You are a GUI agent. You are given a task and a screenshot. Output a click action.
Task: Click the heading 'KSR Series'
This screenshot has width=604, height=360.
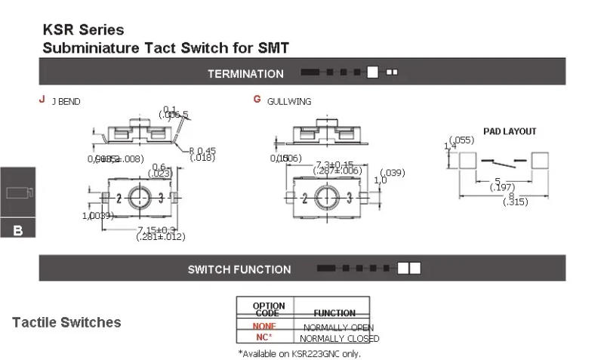pos(83,30)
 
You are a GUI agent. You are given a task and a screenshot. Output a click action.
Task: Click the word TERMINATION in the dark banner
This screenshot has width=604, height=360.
pos(245,74)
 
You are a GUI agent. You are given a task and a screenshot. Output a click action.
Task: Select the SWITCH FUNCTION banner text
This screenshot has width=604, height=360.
pos(239,269)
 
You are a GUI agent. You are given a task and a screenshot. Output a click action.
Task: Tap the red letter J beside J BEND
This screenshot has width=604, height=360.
pos(42,99)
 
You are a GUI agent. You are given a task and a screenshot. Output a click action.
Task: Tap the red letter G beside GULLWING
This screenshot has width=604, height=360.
pos(257,99)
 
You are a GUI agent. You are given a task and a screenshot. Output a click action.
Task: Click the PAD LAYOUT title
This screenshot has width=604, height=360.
pos(510,131)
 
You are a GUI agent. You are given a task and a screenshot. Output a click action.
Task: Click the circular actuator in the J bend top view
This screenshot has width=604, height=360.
pos(140,198)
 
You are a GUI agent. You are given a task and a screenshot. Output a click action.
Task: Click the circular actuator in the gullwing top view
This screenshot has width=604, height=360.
pos(326,198)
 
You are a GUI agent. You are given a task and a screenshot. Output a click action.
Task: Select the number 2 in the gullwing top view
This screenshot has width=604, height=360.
pos(304,198)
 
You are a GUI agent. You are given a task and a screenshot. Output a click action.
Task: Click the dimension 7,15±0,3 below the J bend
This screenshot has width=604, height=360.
pos(156,229)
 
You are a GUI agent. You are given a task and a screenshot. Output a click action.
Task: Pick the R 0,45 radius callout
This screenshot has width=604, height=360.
pos(202,149)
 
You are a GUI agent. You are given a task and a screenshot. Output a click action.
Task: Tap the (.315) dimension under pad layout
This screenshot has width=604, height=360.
pos(515,202)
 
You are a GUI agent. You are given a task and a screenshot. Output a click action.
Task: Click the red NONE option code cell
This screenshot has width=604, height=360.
pos(264,326)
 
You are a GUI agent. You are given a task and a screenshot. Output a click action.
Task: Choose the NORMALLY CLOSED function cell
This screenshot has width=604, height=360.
pos(340,338)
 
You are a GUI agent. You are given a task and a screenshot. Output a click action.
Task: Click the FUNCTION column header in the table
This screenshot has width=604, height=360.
pos(334,312)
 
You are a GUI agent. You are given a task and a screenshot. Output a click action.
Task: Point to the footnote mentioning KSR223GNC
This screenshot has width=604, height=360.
pos(299,353)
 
